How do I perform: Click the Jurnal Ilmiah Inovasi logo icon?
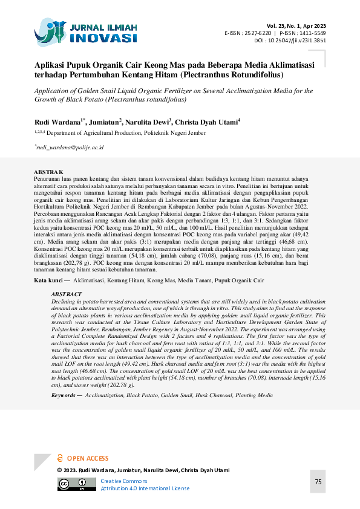[x=50, y=31]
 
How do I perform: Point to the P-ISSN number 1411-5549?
[x=312, y=33]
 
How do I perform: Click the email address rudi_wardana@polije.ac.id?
[x=70, y=147]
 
